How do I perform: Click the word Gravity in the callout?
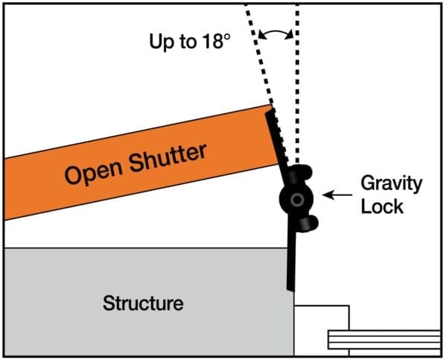coord(391,183)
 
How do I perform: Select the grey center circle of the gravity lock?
coord(297,200)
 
